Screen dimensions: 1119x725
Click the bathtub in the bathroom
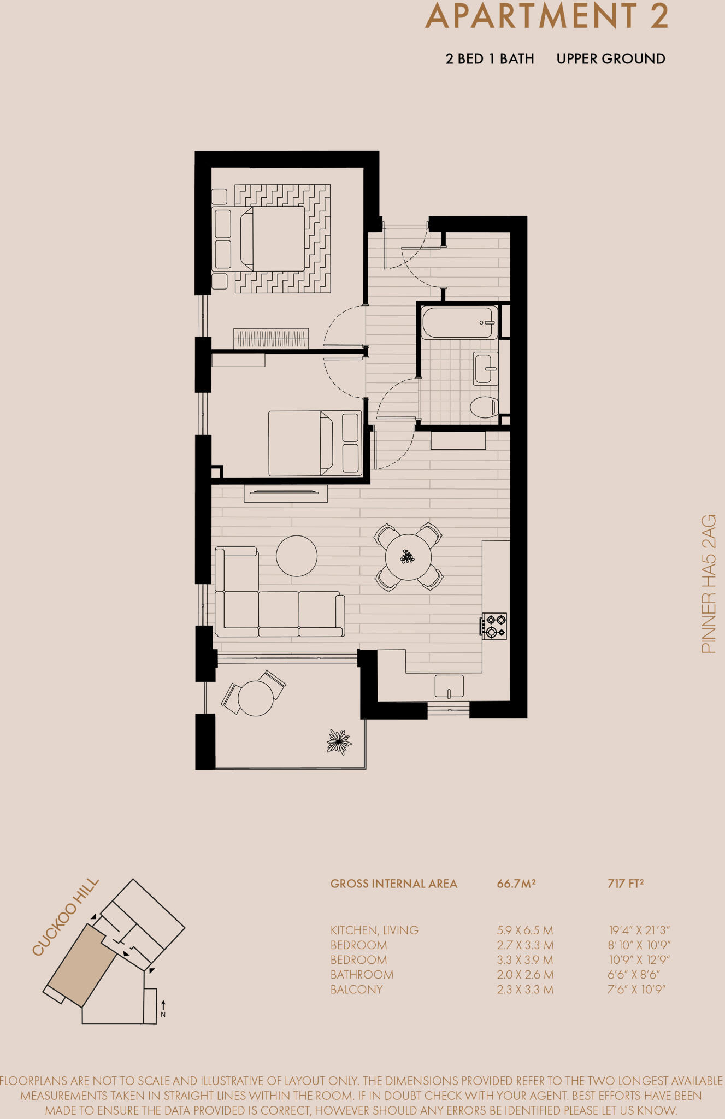tap(459, 322)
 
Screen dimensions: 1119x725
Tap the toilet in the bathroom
tap(484, 407)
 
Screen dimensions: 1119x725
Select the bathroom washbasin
tap(485, 368)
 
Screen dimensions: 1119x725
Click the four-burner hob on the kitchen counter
tap(494, 626)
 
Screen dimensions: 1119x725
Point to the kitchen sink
tap(449, 686)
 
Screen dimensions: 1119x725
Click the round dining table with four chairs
tap(408, 557)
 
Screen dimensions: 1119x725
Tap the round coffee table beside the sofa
tap(297, 556)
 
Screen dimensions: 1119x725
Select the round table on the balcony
tap(256, 698)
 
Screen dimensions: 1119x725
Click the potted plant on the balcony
tap(339, 741)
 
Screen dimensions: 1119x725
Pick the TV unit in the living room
tap(285, 493)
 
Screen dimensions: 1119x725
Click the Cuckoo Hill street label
tap(66, 917)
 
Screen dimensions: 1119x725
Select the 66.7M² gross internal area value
tap(516, 884)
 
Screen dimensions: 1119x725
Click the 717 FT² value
tap(626, 884)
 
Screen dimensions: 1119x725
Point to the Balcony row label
tap(356, 990)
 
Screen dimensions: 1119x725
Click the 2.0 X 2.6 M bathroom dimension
tap(525, 975)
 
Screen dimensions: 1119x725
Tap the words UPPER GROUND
tap(611, 59)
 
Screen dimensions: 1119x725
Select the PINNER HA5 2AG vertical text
tap(708, 584)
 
